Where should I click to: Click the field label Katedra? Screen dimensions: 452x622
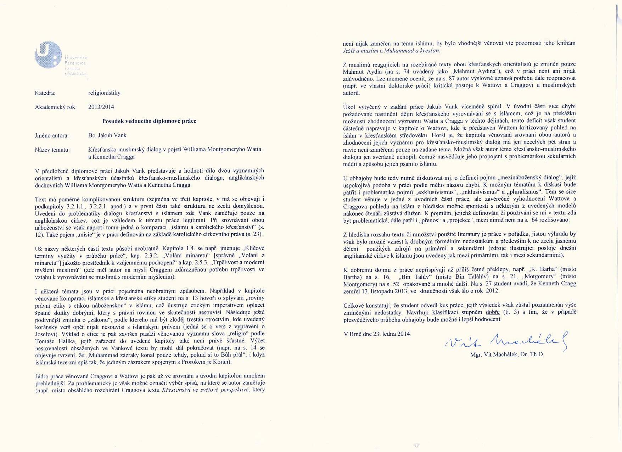coord(45,93)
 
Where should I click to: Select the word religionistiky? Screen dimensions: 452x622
coord(104,93)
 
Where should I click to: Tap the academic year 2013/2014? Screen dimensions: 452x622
coord(101,107)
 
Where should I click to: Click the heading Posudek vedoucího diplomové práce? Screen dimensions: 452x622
coord(149,121)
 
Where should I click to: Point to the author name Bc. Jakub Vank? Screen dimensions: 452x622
coord(107,135)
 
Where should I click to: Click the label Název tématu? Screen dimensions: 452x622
coord(52,150)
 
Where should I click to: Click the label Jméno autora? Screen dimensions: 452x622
coord(52,135)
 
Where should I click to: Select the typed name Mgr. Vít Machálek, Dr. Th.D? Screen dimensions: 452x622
coord(507,354)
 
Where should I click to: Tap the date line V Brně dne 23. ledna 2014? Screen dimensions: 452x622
coord(376,334)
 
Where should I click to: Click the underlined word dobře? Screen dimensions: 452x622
coord(493,312)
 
